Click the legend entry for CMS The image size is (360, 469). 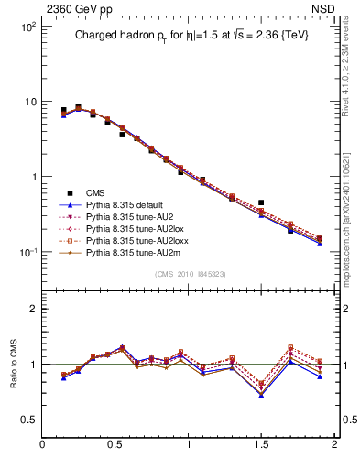[x=95, y=192]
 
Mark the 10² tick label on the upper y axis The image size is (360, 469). [x=28, y=27]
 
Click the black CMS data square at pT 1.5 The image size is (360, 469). [x=261, y=202]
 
